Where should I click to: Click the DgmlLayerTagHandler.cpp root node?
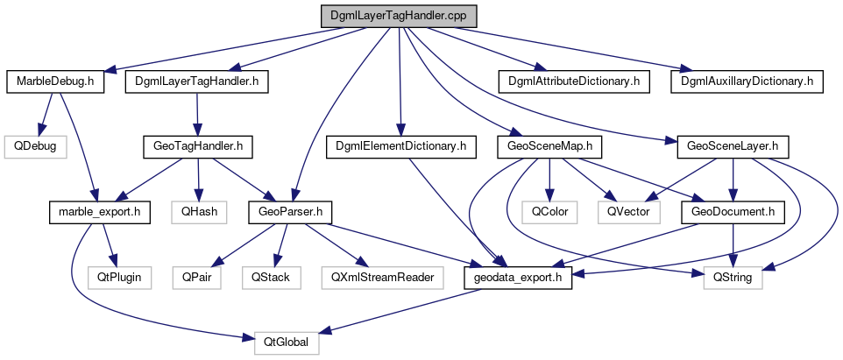click(398, 17)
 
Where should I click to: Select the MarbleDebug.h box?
click(55, 81)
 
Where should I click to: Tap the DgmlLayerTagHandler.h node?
click(196, 81)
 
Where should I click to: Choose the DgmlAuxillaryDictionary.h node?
click(747, 81)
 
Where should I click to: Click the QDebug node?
click(34, 145)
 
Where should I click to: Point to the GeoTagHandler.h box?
click(197, 145)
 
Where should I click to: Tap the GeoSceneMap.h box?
click(544, 145)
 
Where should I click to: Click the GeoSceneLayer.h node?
click(727, 145)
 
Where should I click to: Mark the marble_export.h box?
click(93, 211)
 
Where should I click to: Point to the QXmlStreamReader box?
click(381, 277)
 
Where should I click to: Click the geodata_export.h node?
click(517, 277)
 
